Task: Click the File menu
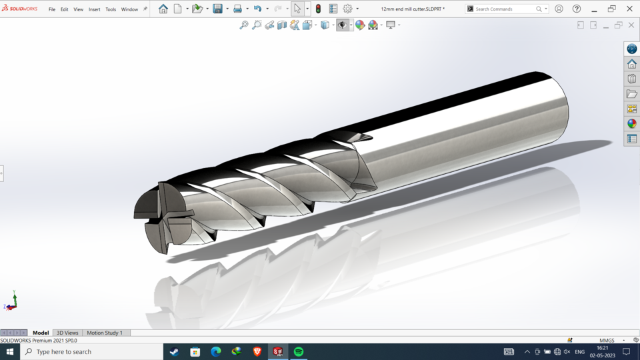click(x=52, y=9)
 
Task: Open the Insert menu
click(x=94, y=9)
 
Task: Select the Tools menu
click(x=111, y=9)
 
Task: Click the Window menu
click(x=129, y=9)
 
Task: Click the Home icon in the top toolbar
click(x=163, y=9)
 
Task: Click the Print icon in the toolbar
click(x=237, y=9)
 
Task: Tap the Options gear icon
click(x=347, y=9)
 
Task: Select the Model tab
click(x=41, y=333)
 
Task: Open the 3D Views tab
click(x=67, y=333)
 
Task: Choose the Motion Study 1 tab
click(x=105, y=333)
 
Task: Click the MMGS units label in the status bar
click(x=607, y=341)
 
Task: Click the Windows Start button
click(x=10, y=351)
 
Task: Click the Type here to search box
click(x=90, y=351)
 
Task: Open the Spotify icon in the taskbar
click(x=299, y=351)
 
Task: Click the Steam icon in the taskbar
click(x=175, y=351)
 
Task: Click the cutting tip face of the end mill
click(x=160, y=217)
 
